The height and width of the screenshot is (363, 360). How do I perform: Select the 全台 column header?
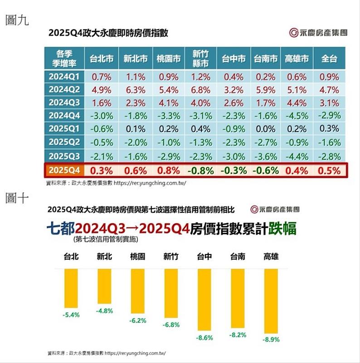click(329, 59)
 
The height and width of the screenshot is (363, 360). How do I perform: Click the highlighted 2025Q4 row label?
click(64, 171)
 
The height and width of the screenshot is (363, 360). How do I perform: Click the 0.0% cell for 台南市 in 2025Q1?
click(265, 129)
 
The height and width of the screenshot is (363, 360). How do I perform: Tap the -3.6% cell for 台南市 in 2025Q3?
click(265, 157)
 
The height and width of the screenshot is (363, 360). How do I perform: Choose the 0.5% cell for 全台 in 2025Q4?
click(329, 171)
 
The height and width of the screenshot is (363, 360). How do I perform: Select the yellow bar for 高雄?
click(271, 300)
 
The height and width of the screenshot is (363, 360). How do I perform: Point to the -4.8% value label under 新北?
click(105, 311)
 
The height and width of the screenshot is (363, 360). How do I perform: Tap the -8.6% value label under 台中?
click(205, 338)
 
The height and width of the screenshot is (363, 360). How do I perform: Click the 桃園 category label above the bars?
click(138, 256)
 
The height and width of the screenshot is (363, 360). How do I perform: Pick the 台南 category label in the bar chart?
click(238, 256)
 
